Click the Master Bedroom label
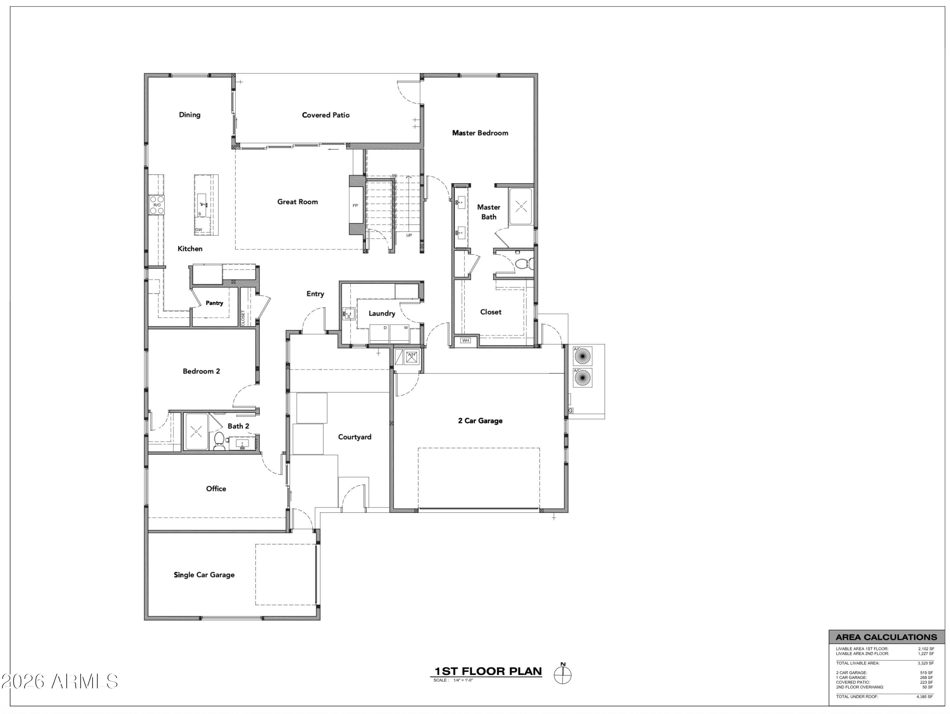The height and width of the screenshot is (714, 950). (480, 133)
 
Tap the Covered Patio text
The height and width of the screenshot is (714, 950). (326, 115)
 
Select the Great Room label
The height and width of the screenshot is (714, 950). (298, 202)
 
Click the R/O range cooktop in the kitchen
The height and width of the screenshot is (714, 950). (157, 205)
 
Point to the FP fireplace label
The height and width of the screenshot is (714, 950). (355, 205)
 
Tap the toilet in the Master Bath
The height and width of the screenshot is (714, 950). (525, 263)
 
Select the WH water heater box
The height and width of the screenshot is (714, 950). (466, 340)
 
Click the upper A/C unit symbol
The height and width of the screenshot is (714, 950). (582, 356)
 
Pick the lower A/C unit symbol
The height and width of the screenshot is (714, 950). (582, 377)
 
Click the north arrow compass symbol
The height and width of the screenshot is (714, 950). (563, 674)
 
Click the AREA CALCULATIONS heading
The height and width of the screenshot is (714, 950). (886, 637)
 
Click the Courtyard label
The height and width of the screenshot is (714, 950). (355, 437)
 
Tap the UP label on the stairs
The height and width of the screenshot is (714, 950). (409, 235)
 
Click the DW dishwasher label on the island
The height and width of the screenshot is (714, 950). (199, 229)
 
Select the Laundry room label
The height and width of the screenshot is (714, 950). (382, 313)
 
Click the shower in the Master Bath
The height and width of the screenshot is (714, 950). (521, 206)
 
